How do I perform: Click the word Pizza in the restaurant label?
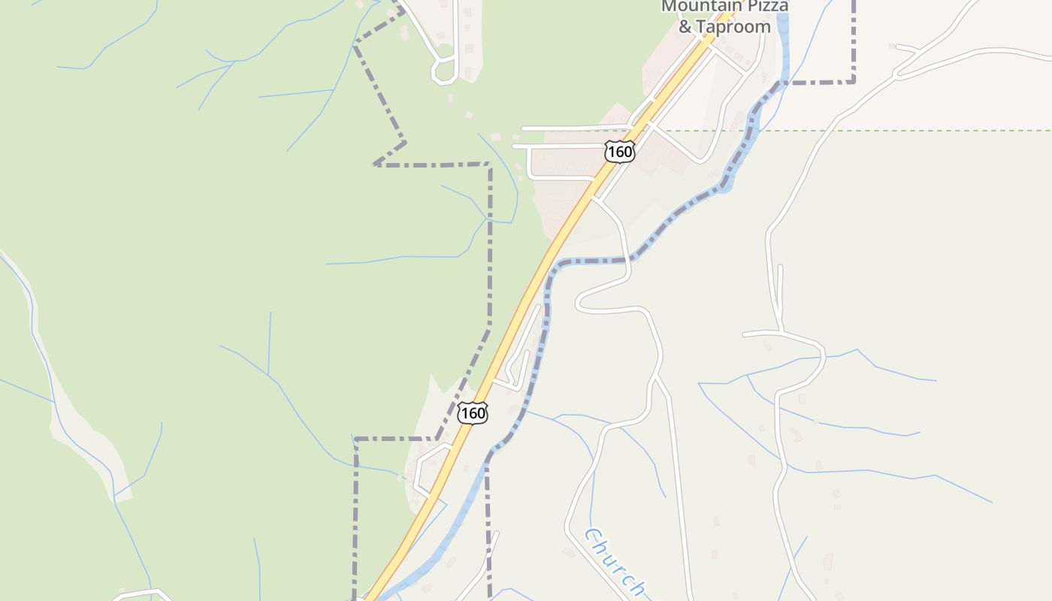(x=765, y=7)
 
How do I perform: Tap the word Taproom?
(x=733, y=27)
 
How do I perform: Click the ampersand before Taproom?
(x=685, y=27)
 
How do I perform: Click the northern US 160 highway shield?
(x=620, y=152)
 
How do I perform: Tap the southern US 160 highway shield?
(x=473, y=412)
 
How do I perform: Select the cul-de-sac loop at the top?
(x=444, y=70)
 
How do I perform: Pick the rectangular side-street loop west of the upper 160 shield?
(x=560, y=162)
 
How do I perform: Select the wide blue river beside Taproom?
(x=782, y=45)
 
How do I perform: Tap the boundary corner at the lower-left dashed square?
(x=355, y=439)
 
